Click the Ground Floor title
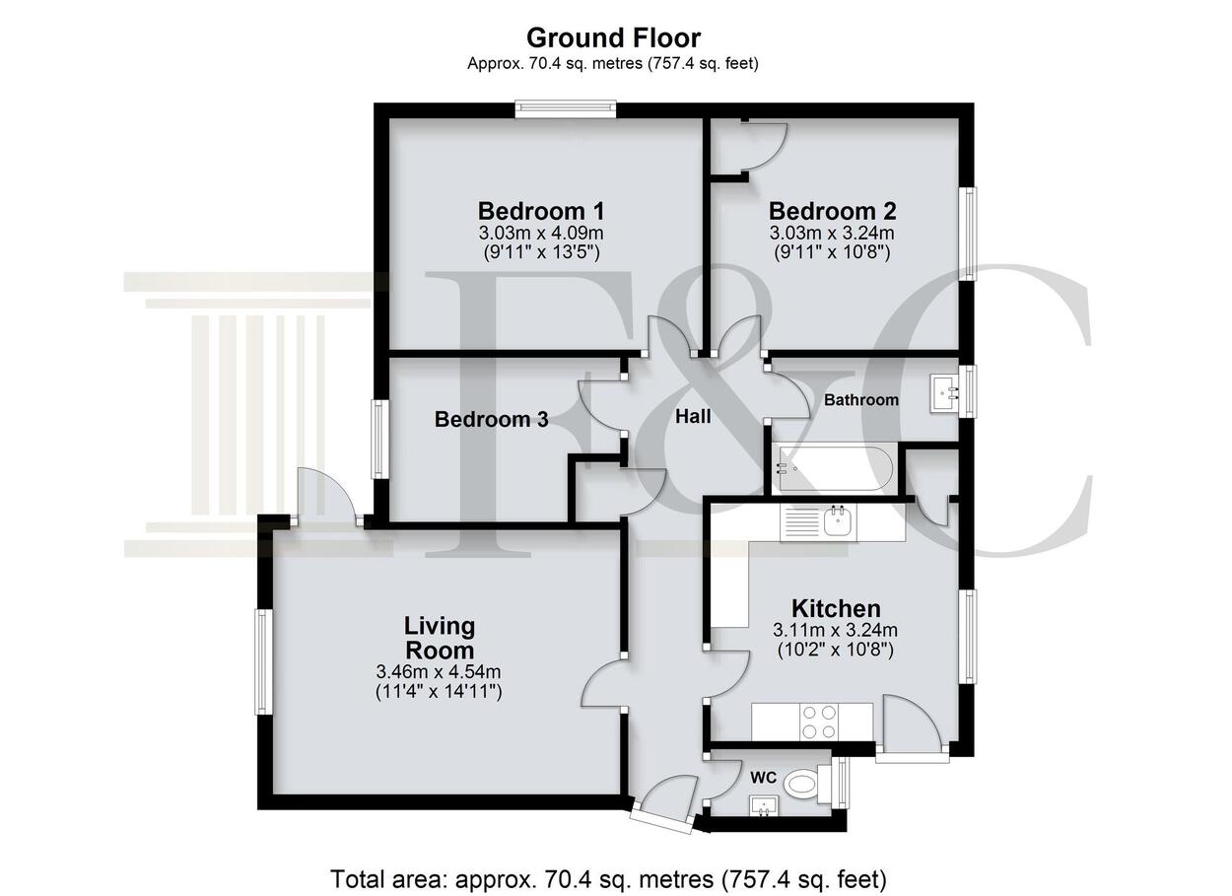tap(613, 38)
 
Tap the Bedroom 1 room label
tap(541, 211)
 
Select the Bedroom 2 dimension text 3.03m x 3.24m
tap(832, 233)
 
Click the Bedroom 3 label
tap(491, 419)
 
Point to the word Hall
tap(693, 416)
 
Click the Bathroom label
tap(861, 400)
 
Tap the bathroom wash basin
tap(945, 393)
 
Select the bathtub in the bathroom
tap(835, 468)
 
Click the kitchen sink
tap(838, 521)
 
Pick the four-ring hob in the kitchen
tap(820, 722)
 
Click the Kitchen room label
tap(836, 608)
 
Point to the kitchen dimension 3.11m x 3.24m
tap(836, 629)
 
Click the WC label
tap(764, 777)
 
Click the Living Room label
tap(440, 638)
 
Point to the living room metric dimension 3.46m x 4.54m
tap(439, 671)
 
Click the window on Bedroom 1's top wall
tap(566, 108)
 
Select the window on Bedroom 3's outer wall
tap(378, 439)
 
